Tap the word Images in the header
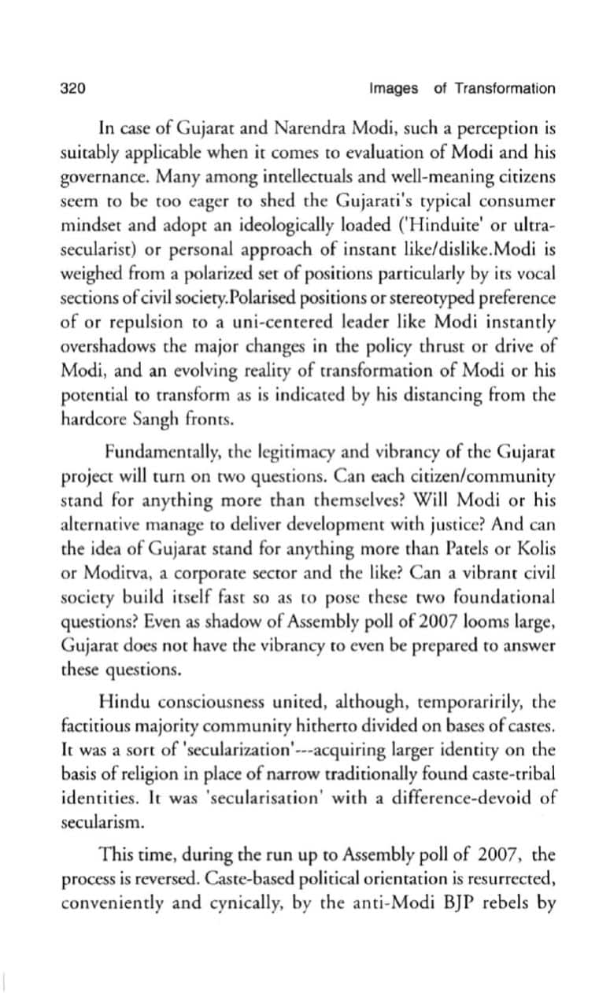393,88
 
